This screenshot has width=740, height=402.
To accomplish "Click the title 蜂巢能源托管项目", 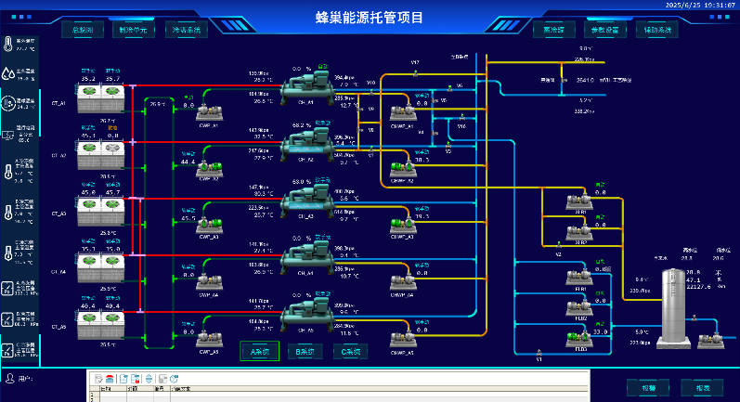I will [369, 17].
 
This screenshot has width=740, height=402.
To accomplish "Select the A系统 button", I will [259, 352].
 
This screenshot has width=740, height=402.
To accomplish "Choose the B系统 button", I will [304, 352].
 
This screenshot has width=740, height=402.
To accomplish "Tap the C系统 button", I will [350, 352].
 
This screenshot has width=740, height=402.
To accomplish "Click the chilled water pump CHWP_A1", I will [401, 113].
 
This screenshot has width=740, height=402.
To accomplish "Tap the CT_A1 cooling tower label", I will [58, 103].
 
